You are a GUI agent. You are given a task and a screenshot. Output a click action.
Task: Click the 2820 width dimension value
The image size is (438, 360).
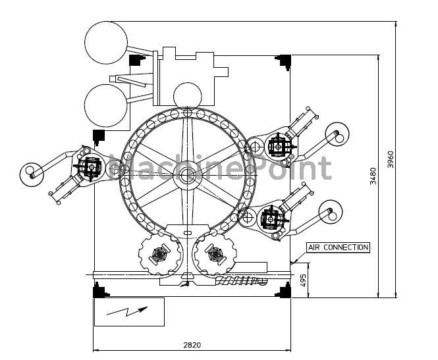192,346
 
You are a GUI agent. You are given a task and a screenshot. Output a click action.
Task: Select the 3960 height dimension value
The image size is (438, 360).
391,159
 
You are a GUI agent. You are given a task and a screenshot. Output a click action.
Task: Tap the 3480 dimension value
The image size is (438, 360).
373,176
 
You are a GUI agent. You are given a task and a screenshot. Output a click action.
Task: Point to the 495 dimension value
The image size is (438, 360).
303,280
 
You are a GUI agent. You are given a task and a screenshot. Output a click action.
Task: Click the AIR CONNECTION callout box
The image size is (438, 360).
338,247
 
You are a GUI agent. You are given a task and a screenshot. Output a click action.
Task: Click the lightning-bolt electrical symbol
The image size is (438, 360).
127,311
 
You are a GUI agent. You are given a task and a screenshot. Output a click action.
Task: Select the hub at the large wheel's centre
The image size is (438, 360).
184,175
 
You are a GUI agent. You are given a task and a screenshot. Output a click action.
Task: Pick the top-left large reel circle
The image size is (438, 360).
106,42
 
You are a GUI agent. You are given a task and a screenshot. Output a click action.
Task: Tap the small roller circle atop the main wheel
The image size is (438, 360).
188,96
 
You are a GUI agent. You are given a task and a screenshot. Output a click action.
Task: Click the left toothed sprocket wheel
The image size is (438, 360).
160,253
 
